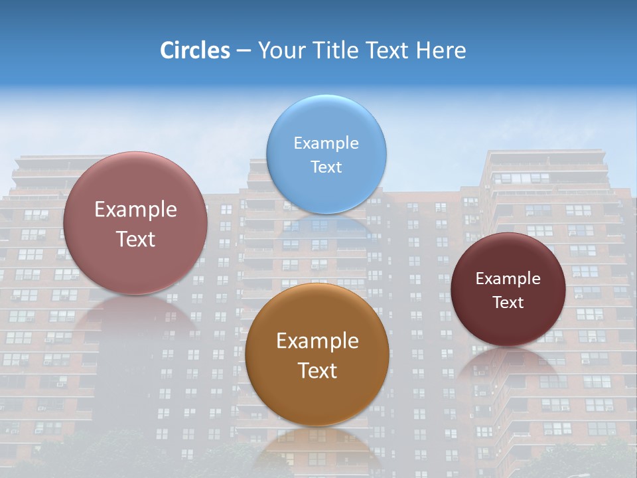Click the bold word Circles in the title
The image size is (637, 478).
coord(194,50)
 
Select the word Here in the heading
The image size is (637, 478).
coord(441,50)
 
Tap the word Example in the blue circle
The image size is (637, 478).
coord(326,143)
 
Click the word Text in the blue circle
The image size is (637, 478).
coord(326,167)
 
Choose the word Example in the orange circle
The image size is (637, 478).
coord(317,341)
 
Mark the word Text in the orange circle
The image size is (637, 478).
coord(317,370)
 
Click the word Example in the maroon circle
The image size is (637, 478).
coord(508,279)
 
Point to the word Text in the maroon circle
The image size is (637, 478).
coord(508,303)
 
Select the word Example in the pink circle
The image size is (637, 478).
coord(135,210)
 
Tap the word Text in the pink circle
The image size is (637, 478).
coord(135,239)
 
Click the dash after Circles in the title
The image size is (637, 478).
coord(244,51)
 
